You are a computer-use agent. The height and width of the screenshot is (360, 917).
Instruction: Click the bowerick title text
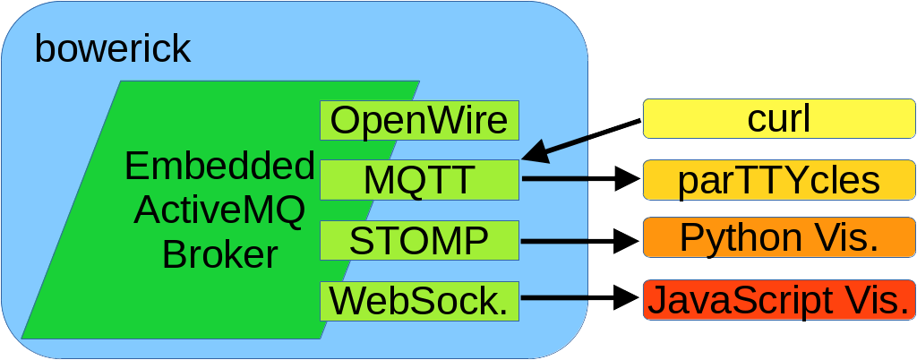tap(113, 49)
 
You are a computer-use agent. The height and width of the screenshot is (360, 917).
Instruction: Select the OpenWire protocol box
tap(420, 119)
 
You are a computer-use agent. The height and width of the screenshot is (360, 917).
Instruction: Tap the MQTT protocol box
tap(420, 180)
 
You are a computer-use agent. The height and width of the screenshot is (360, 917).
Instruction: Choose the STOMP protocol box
tap(420, 240)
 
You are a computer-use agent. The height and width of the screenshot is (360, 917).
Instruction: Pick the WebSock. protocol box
tap(420, 300)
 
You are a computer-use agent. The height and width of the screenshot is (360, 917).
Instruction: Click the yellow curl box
tap(778, 119)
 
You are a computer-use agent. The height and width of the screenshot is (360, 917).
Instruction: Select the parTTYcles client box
tap(778, 180)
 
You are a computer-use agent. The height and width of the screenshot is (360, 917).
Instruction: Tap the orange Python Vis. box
tap(778, 237)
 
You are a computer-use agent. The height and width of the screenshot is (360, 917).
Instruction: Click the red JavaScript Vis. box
tap(778, 300)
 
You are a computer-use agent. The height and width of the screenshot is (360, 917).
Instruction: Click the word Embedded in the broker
tap(219, 167)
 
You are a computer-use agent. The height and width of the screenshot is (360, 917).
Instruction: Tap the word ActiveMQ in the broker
tap(219, 211)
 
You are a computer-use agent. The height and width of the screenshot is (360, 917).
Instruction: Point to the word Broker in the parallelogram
tap(219, 255)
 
